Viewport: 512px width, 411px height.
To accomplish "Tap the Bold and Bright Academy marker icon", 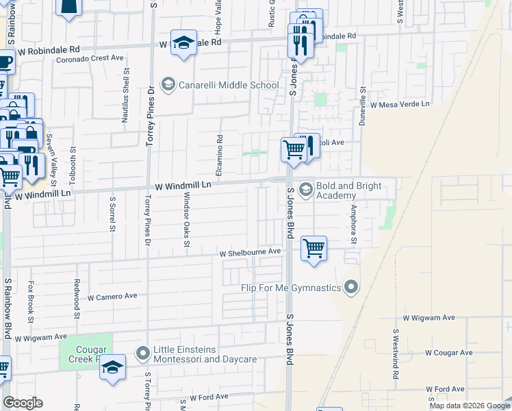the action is coord(305,188).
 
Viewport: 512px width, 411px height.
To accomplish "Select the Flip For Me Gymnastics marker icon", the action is coord(352,287).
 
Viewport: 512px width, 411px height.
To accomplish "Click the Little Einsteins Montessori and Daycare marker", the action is coord(143,353).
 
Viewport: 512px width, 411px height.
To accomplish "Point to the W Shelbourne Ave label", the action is coord(251,252).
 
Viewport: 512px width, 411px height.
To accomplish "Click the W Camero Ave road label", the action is coord(112,297).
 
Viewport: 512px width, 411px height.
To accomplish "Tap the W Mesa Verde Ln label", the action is coord(400,104).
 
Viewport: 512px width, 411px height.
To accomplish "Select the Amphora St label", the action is coord(354,223).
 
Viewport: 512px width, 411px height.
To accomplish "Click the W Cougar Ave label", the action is coord(448,353).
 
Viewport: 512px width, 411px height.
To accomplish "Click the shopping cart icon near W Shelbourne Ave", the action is coord(313,247).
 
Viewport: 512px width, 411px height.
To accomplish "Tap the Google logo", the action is coord(23,403).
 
